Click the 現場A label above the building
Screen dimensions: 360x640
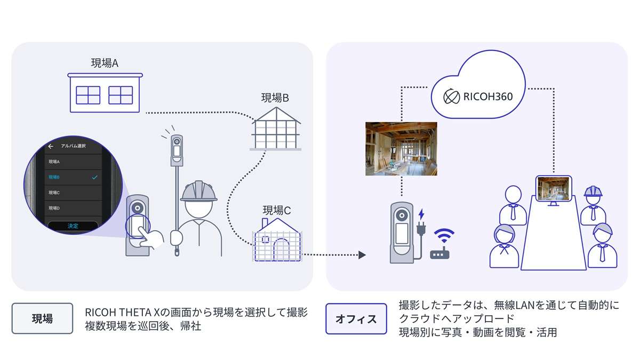(x=105, y=63)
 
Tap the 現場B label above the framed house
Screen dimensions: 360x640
(x=275, y=98)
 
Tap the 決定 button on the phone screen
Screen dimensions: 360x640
(x=73, y=226)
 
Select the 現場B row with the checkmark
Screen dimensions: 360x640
(x=73, y=177)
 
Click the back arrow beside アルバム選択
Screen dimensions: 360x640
(x=51, y=146)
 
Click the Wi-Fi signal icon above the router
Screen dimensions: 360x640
(x=442, y=236)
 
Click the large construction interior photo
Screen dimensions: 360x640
(x=401, y=149)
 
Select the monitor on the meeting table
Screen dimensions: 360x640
(x=554, y=190)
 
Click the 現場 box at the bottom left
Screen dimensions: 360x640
(x=42, y=318)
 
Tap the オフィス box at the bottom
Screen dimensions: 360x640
(x=356, y=318)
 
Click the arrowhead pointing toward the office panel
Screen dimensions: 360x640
(x=362, y=255)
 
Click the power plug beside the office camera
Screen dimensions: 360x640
(x=421, y=234)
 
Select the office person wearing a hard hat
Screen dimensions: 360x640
(x=593, y=205)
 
